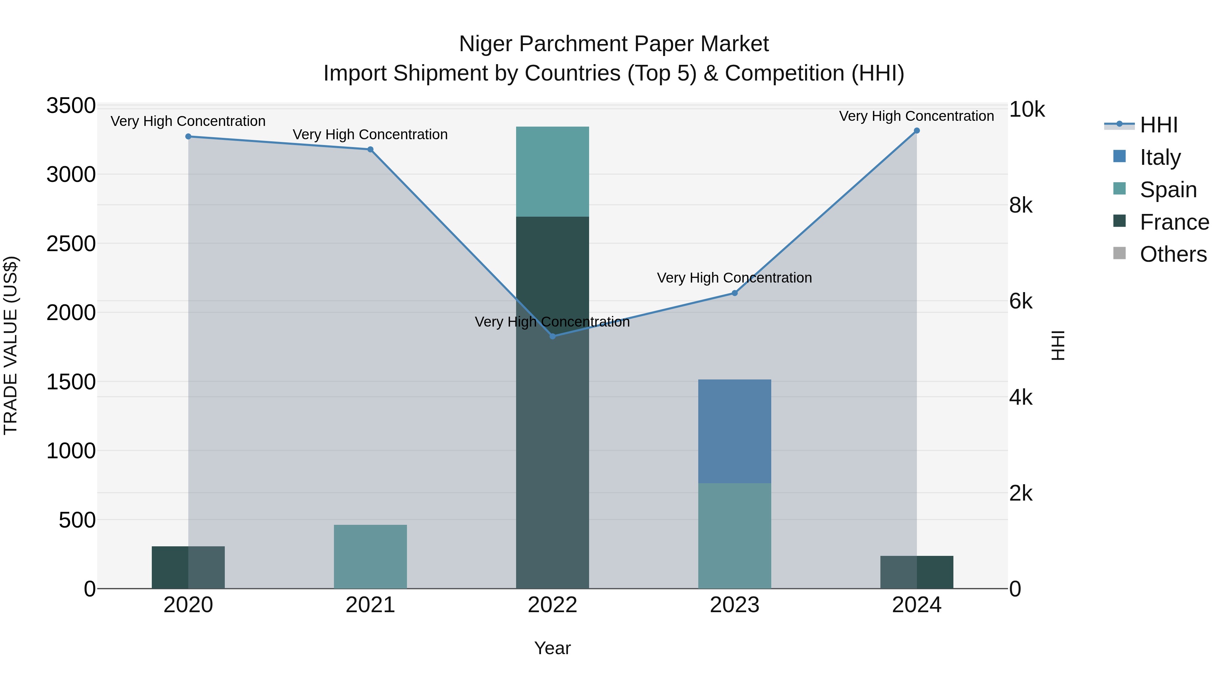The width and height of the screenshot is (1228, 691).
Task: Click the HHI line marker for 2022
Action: pos(553,336)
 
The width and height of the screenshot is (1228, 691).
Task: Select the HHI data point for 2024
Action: pos(916,131)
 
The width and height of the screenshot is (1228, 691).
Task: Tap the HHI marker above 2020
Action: pos(188,136)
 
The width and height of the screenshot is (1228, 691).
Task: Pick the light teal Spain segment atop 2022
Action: pos(553,171)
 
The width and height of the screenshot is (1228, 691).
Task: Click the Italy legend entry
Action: pos(1160,157)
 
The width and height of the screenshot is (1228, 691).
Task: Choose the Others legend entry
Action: pos(1173,254)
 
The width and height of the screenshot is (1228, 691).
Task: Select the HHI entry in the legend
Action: pos(1158,125)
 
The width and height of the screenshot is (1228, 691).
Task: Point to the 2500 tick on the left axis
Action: pos(71,244)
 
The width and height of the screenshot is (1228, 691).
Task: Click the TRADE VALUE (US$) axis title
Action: pos(11,345)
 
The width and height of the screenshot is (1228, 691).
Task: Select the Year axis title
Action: pos(553,648)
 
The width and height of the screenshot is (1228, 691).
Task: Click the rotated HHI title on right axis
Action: pos(1058,345)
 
